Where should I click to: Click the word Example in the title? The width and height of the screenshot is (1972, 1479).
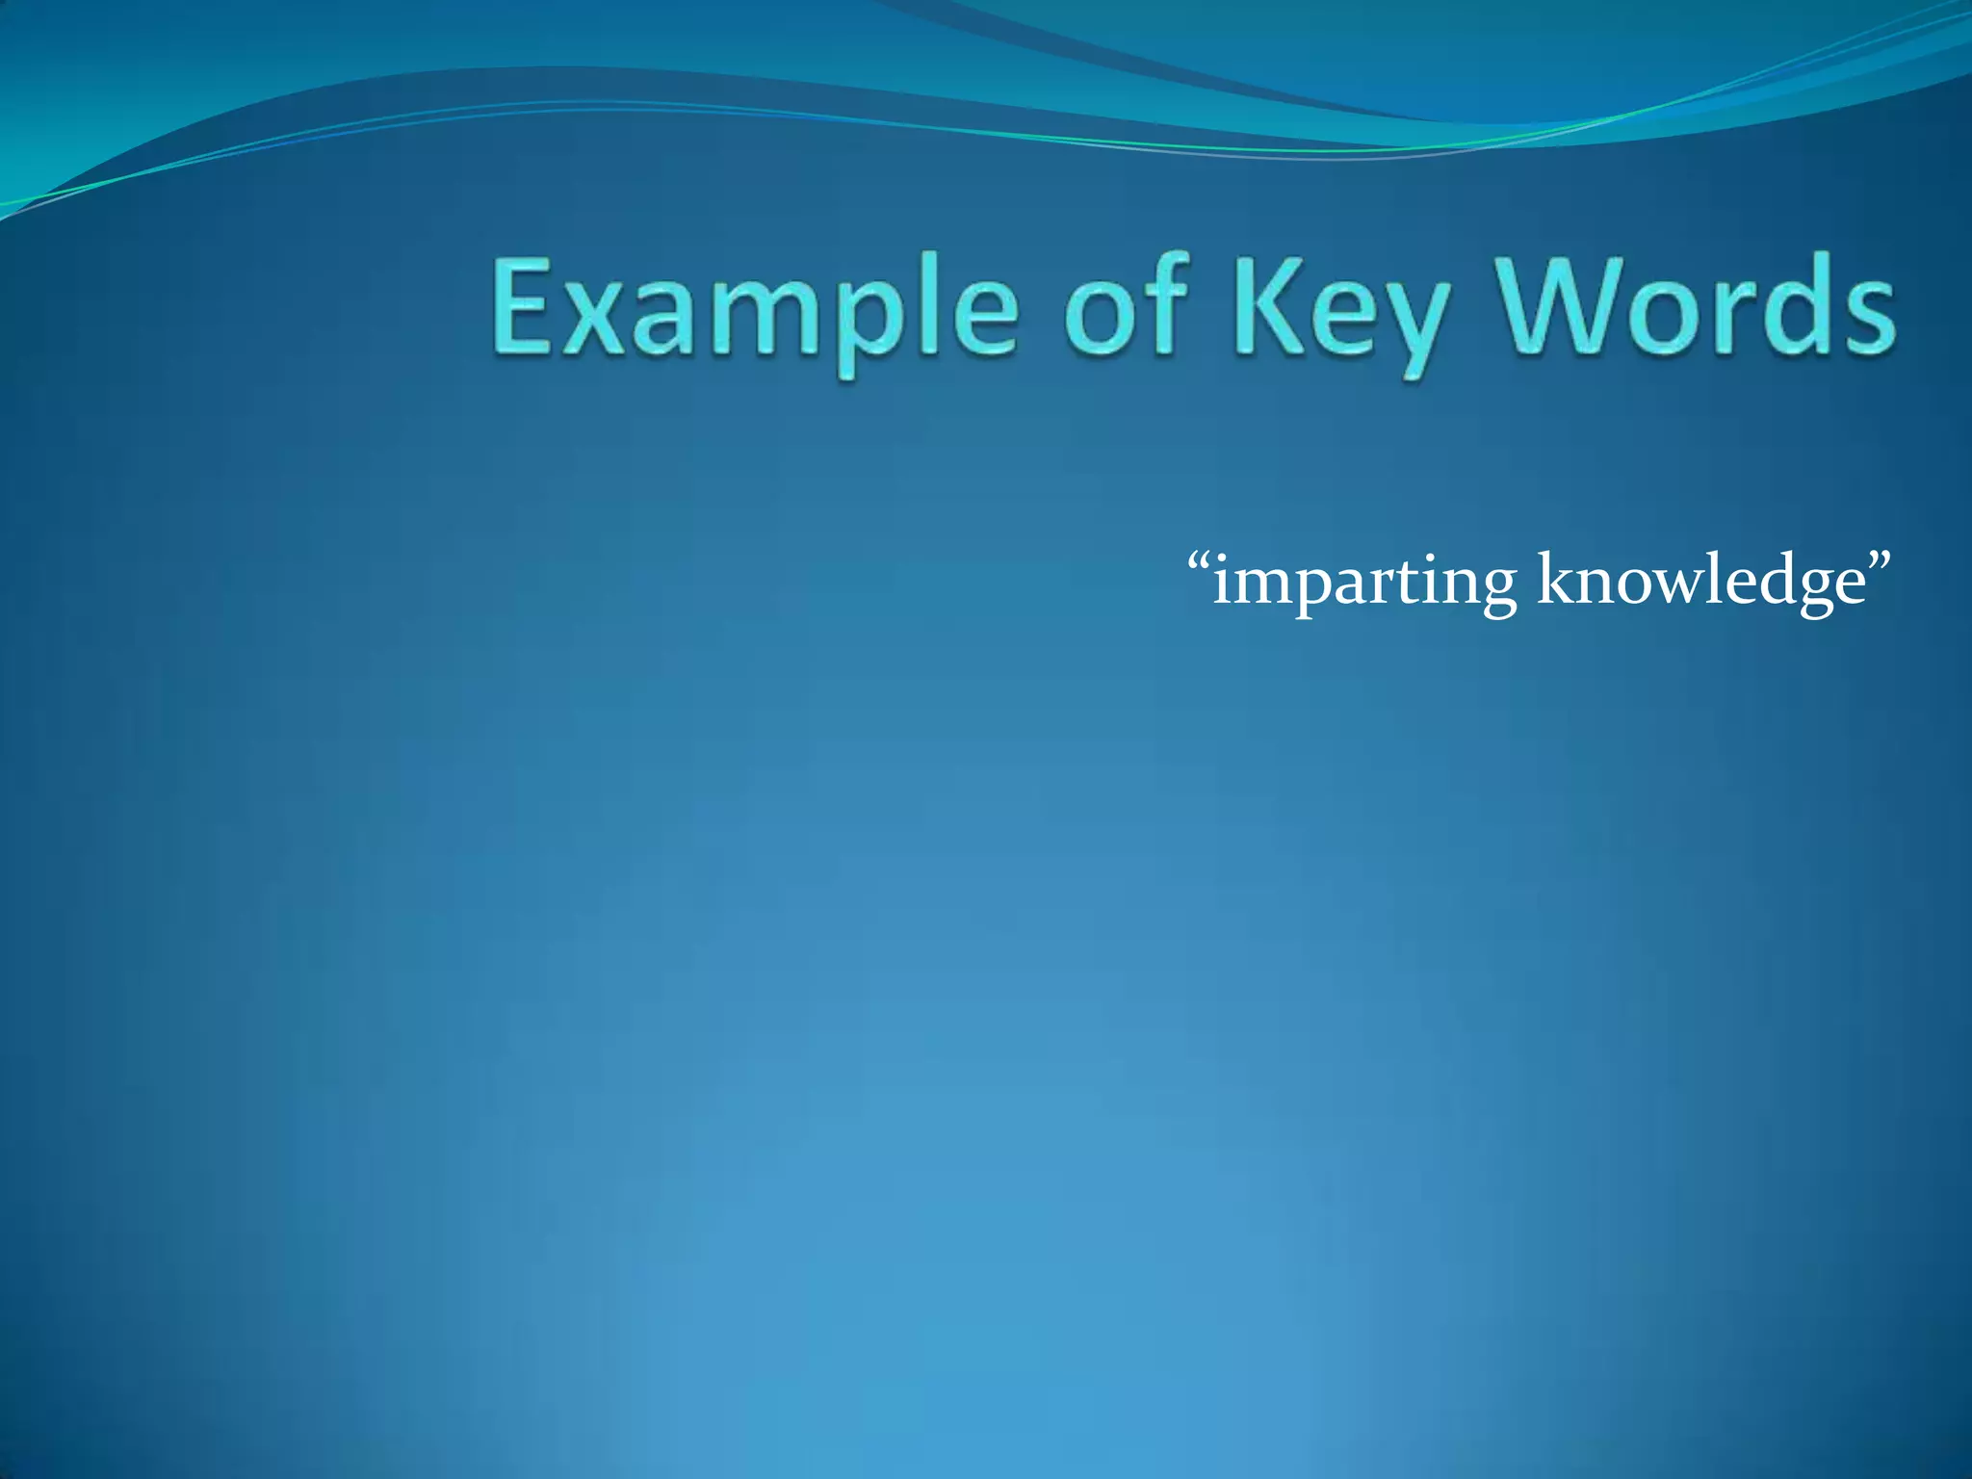click(x=756, y=310)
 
